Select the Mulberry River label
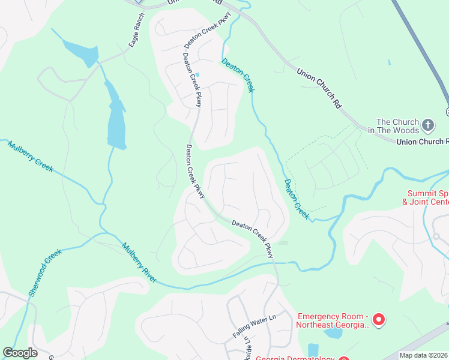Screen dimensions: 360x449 pyautogui.click(x=139, y=263)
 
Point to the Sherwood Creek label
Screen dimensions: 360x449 pyautogui.click(x=45, y=272)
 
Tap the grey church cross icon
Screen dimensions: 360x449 pyautogui.click(x=427, y=125)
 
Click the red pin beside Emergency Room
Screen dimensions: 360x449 pyautogui.click(x=378, y=320)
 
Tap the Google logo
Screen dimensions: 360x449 pyautogui.click(x=20, y=352)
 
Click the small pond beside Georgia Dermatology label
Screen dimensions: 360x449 pyautogui.click(x=313, y=349)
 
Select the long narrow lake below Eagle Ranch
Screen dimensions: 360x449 pyautogui.click(x=115, y=117)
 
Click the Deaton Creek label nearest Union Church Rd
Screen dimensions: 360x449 pyautogui.click(x=238, y=75)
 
